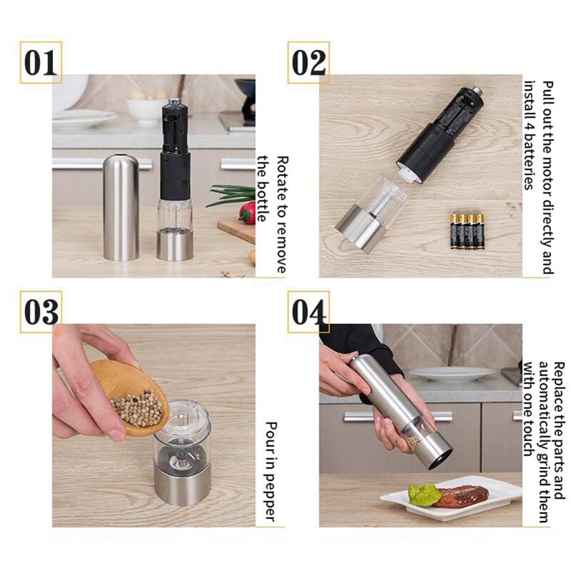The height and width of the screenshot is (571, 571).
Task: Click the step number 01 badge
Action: [41, 63]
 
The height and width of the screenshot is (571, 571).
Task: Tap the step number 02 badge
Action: [309, 63]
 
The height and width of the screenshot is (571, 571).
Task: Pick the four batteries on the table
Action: [468, 231]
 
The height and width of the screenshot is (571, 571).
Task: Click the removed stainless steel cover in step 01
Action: [121, 207]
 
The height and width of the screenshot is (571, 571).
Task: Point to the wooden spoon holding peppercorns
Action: [132, 396]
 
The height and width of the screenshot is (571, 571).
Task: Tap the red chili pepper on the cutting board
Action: [247, 212]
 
